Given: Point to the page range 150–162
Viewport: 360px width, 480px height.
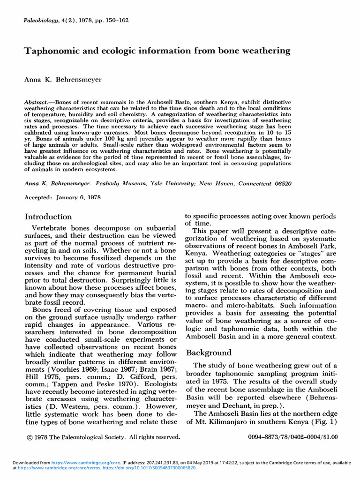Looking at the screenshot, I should pyautogui.click(x=113, y=20).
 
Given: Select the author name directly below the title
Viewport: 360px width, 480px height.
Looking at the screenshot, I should pyautogui.click(x=63, y=80).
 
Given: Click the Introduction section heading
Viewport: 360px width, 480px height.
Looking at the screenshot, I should pyautogui.click(x=48, y=217).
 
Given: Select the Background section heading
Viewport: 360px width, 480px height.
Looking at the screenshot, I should pyautogui.click(x=209, y=352).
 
